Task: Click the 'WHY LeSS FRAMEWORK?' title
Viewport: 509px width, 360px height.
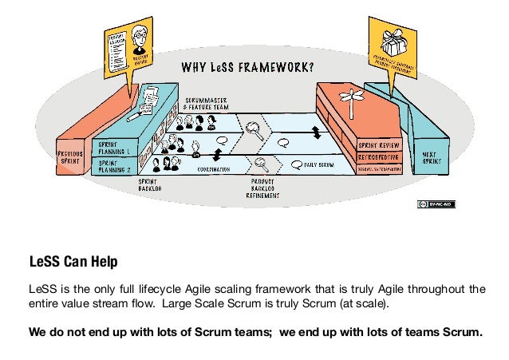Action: coord(248,66)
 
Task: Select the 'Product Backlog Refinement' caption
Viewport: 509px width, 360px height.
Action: coord(262,190)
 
